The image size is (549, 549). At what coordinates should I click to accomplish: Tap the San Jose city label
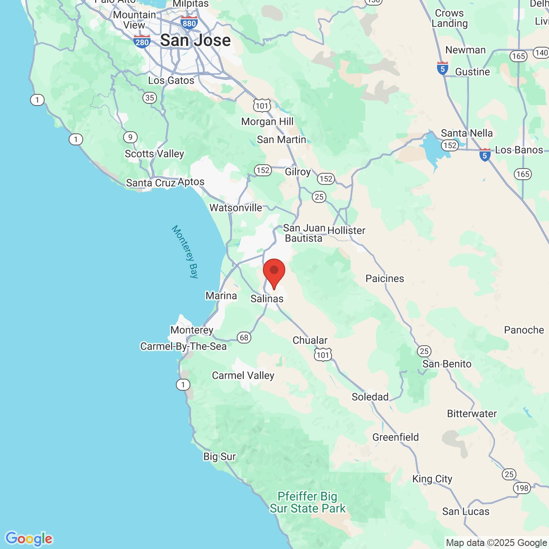coord(195,40)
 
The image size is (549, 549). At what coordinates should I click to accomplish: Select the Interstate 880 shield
coord(189,23)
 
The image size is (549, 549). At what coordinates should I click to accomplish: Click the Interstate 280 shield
coord(142,42)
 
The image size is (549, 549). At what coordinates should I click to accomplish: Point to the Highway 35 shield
coord(149,98)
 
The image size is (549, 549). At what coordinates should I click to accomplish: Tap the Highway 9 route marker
coord(130,137)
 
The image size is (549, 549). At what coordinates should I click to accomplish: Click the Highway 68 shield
coord(244,338)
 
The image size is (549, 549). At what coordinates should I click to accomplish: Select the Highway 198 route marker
coord(522,488)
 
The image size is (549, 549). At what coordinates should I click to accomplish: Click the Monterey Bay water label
coord(185,252)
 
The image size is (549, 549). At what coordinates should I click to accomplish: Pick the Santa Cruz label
coord(151,183)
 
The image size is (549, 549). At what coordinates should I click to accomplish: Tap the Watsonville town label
coord(235,208)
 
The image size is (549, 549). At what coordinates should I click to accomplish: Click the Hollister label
coord(346,231)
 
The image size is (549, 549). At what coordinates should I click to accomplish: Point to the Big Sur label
coord(219,457)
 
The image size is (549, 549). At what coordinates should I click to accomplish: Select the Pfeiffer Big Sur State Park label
coord(308,502)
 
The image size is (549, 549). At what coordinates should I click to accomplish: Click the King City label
coord(432,479)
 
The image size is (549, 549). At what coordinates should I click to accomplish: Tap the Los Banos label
coord(519,150)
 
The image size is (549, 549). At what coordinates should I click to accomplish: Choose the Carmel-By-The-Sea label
coord(183,347)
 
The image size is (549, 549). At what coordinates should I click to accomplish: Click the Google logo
coord(29,539)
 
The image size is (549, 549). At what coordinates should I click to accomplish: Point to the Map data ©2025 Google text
coord(496,543)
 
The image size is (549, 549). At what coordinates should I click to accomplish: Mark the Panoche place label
coord(524,330)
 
